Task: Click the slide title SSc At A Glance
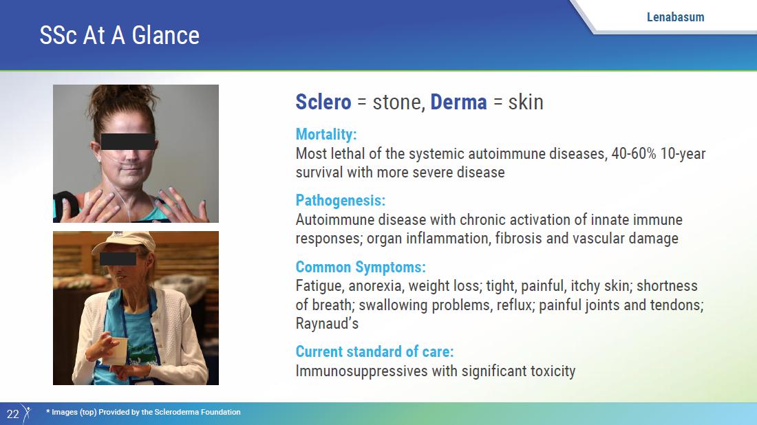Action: [x=119, y=36]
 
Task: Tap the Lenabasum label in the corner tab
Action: [x=675, y=17]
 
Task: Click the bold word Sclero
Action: [x=323, y=102]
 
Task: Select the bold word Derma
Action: [x=458, y=102]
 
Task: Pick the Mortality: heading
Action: [x=326, y=135]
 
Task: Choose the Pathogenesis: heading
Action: [x=341, y=201]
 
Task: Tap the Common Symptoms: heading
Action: [x=361, y=268]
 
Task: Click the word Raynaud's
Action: [x=327, y=324]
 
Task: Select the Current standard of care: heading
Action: [x=374, y=351]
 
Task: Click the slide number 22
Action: [x=13, y=414]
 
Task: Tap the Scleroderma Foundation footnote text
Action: [x=143, y=412]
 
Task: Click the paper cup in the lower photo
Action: [x=117, y=351]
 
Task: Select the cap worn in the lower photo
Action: [x=123, y=242]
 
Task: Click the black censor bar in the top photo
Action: [x=128, y=142]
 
